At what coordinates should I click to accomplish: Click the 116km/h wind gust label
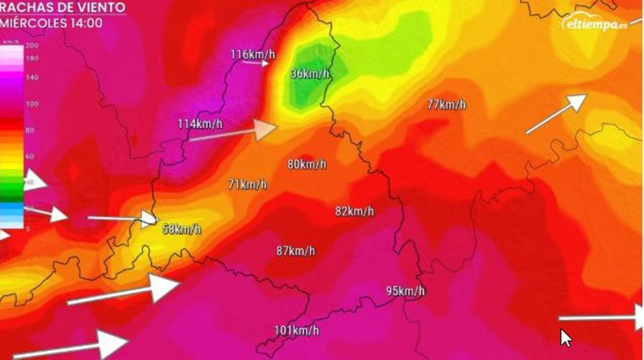252,54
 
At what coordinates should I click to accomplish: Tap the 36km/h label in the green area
309,74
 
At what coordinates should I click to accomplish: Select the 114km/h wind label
200,124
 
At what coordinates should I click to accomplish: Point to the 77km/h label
447,105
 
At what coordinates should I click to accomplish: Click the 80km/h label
306,164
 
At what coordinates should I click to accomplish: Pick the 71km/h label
247,185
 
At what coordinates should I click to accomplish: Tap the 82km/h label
354,211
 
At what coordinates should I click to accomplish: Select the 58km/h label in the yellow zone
182,229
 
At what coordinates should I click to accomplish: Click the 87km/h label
295,251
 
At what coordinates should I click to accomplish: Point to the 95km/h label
405,291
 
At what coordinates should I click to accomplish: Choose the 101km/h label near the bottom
296,330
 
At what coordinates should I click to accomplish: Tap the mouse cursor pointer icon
565,338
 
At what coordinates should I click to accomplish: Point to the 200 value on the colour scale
32,46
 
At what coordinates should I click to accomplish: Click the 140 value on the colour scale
32,77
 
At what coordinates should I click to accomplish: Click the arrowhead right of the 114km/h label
266,129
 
